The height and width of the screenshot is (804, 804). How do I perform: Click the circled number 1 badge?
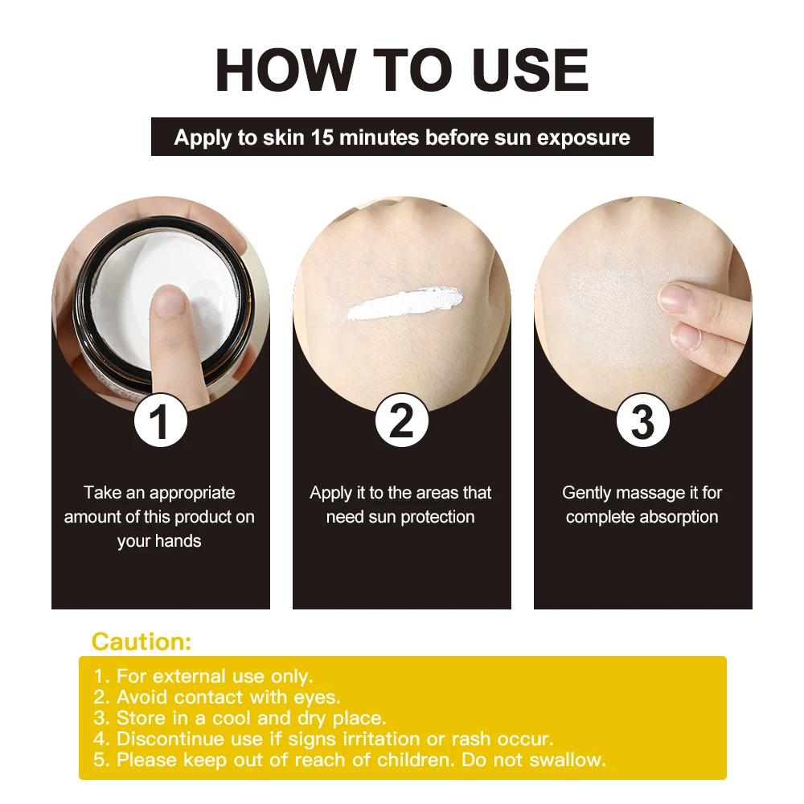(161, 421)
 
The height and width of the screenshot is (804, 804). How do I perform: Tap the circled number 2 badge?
(401, 421)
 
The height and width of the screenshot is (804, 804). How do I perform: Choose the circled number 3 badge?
(642, 421)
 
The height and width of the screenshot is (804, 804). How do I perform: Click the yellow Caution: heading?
(142, 642)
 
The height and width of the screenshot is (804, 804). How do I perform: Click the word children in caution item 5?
(420, 760)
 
